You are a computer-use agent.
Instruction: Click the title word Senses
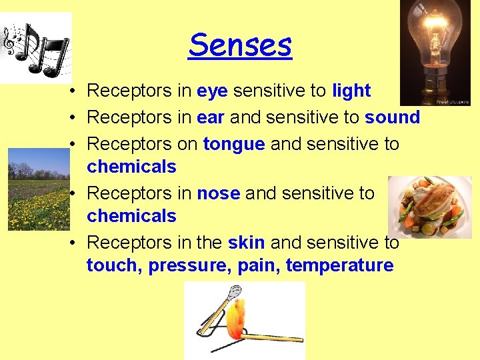click(240, 45)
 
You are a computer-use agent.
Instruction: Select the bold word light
click(351, 91)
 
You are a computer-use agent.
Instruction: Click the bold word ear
click(211, 117)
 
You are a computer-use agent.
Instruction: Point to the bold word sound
click(392, 117)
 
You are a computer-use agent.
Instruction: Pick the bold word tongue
click(234, 144)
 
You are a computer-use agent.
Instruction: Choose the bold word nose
click(218, 193)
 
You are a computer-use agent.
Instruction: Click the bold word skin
click(247, 243)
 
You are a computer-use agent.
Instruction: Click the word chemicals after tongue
click(131, 167)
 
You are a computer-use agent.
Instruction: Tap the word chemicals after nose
click(131, 216)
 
